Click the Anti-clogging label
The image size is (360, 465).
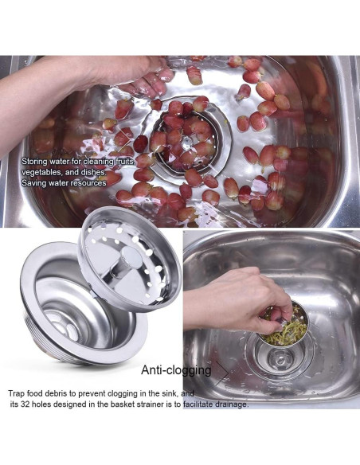pyautogui.click(x=176, y=370)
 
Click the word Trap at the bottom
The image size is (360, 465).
pyautogui.click(x=17, y=393)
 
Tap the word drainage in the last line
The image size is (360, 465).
pyautogui.click(x=229, y=404)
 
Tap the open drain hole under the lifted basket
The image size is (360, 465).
pyautogui.click(x=281, y=361)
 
